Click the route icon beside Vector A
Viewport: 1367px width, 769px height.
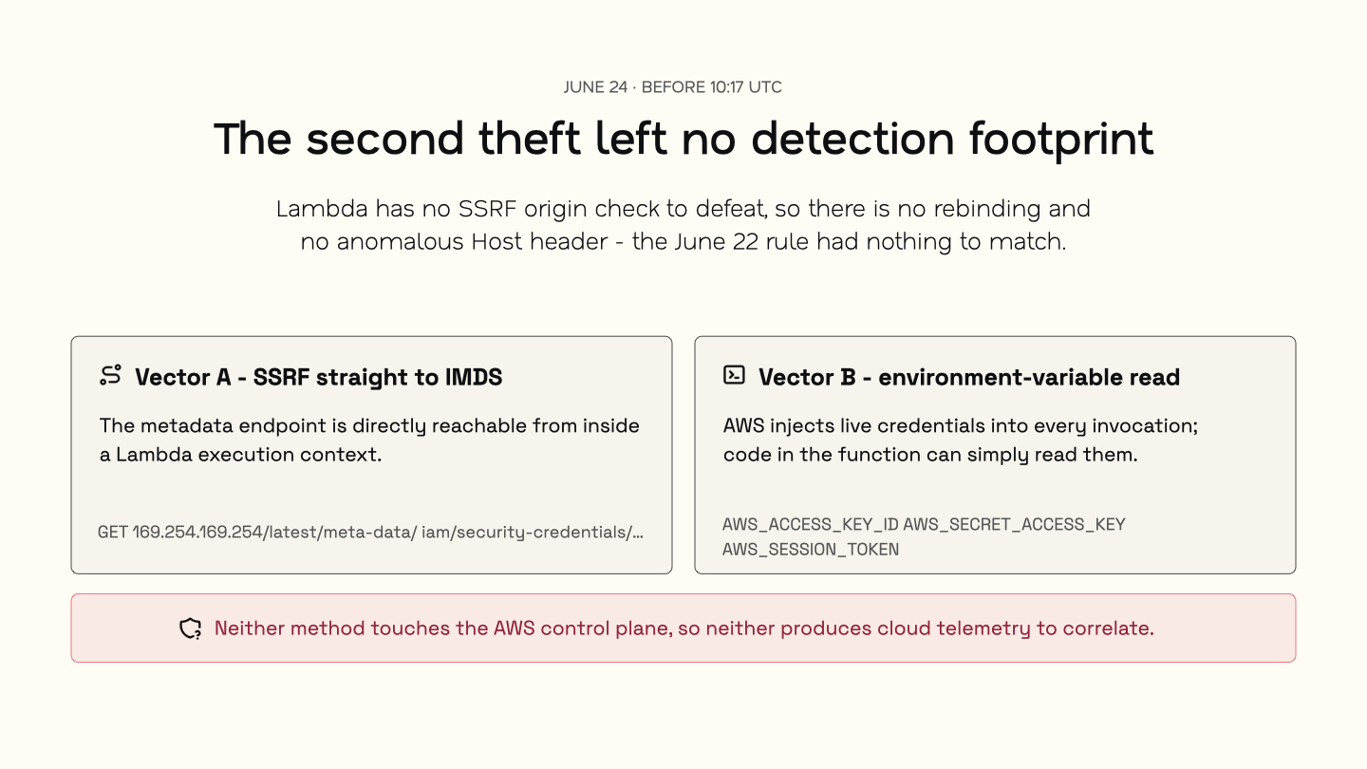[x=110, y=375]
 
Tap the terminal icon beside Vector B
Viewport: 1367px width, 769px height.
[x=734, y=375]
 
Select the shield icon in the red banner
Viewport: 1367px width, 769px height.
[x=191, y=628]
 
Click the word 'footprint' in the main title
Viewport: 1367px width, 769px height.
[x=1061, y=141]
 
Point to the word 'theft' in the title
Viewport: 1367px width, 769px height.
[x=529, y=139]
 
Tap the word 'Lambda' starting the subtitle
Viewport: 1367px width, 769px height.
[x=322, y=209]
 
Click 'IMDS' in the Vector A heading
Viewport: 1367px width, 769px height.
[x=473, y=377]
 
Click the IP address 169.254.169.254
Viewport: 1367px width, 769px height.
[x=197, y=533]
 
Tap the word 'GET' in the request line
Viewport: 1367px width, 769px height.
[x=112, y=533]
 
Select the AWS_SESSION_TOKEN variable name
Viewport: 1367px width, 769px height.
[x=811, y=550]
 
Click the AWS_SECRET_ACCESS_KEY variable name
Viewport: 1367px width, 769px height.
[x=1014, y=525]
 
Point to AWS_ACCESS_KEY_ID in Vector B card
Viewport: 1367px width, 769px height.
[x=811, y=525]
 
